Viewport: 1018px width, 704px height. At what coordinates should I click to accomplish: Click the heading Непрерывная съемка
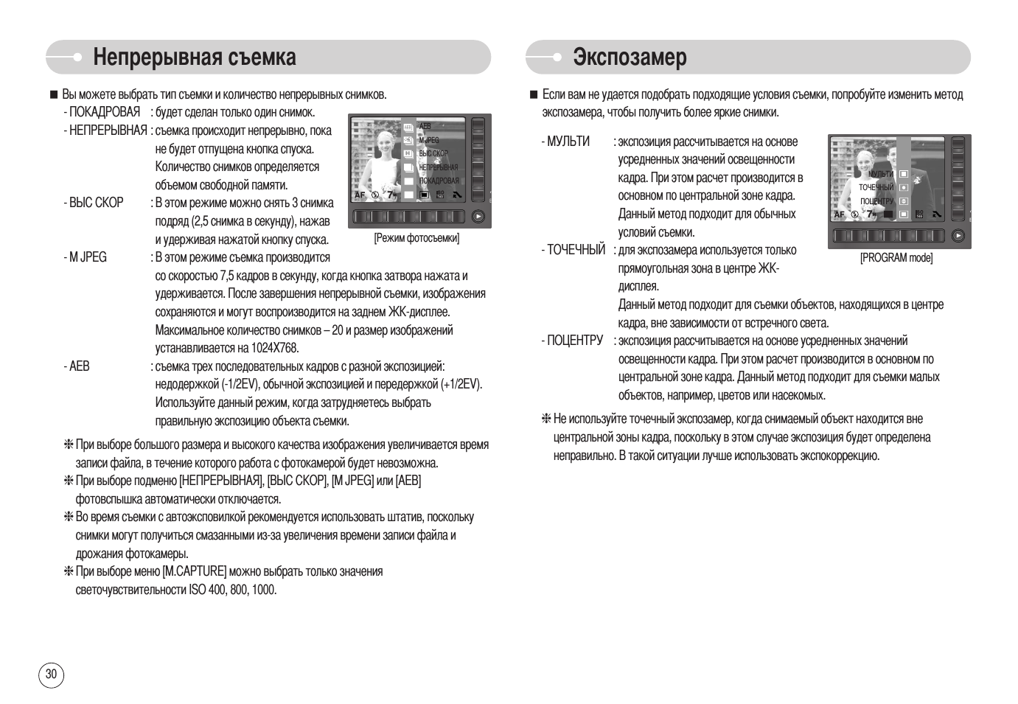click(195, 57)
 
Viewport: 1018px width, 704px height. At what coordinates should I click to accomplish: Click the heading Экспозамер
click(630, 57)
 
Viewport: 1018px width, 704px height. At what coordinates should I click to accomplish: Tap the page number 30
click(51, 674)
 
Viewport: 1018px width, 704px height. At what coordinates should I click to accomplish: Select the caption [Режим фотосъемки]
click(416, 238)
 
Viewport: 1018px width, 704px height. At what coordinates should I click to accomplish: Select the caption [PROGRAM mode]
click(896, 257)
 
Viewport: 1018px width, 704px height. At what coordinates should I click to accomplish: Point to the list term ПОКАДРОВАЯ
click(104, 112)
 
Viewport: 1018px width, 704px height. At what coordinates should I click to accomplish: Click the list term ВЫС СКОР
click(96, 203)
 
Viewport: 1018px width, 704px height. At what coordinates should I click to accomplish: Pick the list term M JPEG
click(88, 257)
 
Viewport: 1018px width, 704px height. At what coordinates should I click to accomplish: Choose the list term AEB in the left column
click(79, 366)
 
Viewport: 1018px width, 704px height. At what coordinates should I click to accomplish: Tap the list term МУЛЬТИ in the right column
click(568, 142)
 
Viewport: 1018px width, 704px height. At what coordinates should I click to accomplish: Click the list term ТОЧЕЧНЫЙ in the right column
click(576, 250)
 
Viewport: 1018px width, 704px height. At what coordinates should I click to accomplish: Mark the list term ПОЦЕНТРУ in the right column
click(574, 341)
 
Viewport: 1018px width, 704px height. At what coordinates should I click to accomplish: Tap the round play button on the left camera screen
click(478, 217)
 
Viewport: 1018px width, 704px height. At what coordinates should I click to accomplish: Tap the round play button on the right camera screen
click(957, 236)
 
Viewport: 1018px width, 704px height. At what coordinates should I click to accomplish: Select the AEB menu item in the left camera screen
click(425, 126)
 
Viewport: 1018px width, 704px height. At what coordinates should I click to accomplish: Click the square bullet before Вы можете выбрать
click(53, 94)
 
